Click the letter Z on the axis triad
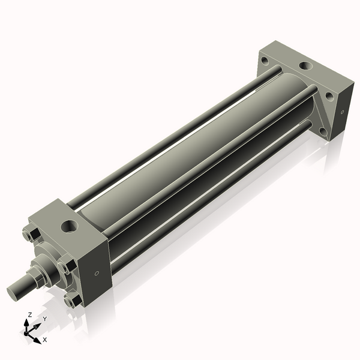(30, 314)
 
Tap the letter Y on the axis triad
(44, 319)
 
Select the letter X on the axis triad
(44, 340)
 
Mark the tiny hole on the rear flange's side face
(342, 112)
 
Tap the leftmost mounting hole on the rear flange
(264, 59)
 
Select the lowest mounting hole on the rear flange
(322, 131)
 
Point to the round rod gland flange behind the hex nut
(51, 264)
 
